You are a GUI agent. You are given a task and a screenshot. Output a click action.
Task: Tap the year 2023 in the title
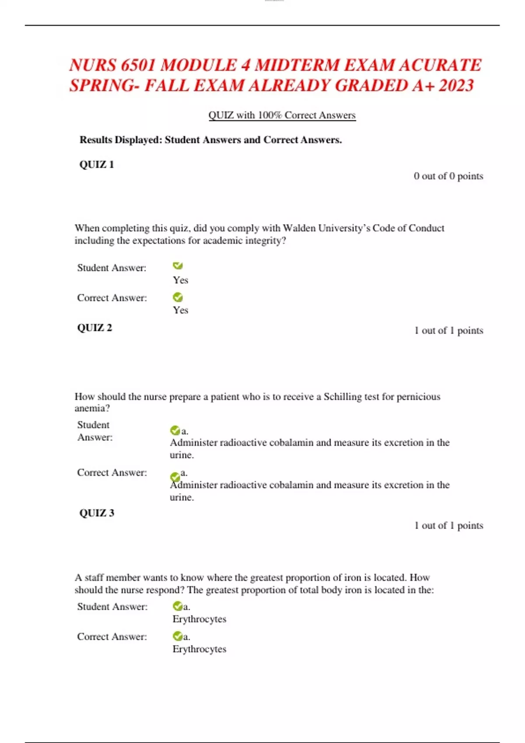pyautogui.click(x=456, y=86)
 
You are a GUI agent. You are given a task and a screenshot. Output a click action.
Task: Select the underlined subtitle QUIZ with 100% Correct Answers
pyautogui.click(x=282, y=115)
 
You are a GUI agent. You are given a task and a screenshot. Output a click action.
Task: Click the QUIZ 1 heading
pyautogui.click(x=97, y=165)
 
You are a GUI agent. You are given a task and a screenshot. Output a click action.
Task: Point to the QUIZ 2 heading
pyautogui.click(x=94, y=328)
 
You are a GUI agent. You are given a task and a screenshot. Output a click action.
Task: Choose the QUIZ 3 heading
pyautogui.click(x=97, y=513)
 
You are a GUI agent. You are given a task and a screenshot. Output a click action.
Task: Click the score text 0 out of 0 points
pyautogui.click(x=448, y=176)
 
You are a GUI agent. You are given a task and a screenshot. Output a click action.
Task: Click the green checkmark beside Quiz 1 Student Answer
pyautogui.click(x=178, y=266)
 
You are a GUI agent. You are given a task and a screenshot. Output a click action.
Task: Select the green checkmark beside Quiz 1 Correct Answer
pyautogui.click(x=178, y=298)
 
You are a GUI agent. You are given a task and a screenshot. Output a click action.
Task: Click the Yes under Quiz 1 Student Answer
pyautogui.click(x=180, y=280)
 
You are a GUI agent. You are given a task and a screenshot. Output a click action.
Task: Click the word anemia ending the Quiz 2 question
pyautogui.click(x=92, y=408)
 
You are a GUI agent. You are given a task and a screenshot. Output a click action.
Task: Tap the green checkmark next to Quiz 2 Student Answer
pyautogui.click(x=175, y=431)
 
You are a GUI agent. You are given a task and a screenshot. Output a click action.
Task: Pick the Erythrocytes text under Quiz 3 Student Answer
pyautogui.click(x=199, y=619)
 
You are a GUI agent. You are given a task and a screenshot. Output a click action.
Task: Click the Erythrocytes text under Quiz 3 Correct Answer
pyautogui.click(x=199, y=649)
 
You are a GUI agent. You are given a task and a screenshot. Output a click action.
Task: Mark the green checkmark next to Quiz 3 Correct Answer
pyautogui.click(x=178, y=636)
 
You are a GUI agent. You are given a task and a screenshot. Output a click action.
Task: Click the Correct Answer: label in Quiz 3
pyautogui.click(x=112, y=637)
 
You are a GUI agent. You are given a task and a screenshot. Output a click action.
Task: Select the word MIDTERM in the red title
pyautogui.click(x=297, y=66)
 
